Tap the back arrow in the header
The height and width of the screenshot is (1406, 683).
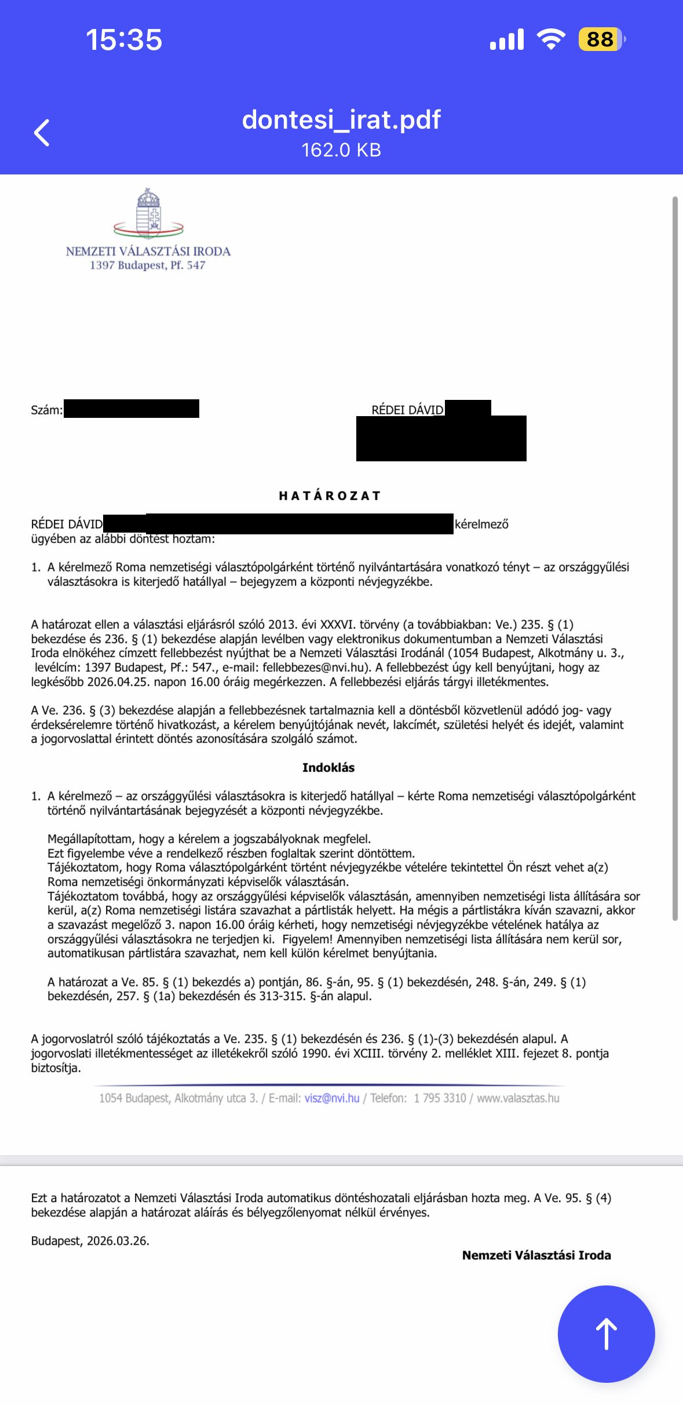pyautogui.click(x=42, y=133)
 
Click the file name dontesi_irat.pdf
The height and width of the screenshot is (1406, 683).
pyautogui.click(x=341, y=120)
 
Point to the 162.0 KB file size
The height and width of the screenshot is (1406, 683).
pyautogui.click(x=341, y=150)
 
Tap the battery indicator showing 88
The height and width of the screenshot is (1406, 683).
pyautogui.click(x=601, y=39)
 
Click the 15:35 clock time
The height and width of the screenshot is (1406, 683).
pyautogui.click(x=124, y=40)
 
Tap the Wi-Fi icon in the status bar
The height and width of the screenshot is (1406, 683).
pyautogui.click(x=551, y=39)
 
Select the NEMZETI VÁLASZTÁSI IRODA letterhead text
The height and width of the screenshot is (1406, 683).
pyautogui.click(x=148, y=252)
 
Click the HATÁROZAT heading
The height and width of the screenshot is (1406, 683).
pyautogui.click(x=330, y=496)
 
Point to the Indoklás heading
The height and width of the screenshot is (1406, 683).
pyautogui.click(x=328, y=767)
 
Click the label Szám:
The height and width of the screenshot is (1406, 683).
pyautogui.click(x=46, y=410)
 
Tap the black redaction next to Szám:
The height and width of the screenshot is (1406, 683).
pyautogui.click(x=132, y=409)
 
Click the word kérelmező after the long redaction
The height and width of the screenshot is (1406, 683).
pyautogui.click(x=481, y=524)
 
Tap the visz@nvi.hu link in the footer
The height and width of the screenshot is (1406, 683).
pyautogui.click(x=332, y=1098)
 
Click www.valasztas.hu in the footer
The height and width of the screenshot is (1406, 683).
pyautogui.click(x=518, y=1098)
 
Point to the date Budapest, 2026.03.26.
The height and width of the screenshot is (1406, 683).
pyautogui.click(x=90, y=1241)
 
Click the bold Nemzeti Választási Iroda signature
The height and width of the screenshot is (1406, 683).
pyautogui.click(x=536, y=1255)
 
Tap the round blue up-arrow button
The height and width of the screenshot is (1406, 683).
pyautogui.click(x=606, y=1334)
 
